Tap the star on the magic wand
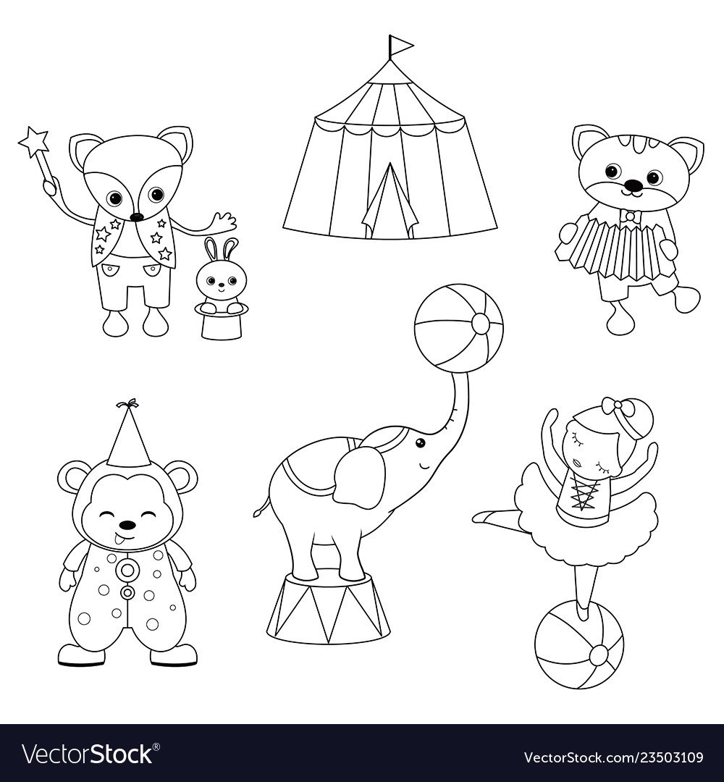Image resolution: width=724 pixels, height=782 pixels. pyautogui.click(x=34, y=140)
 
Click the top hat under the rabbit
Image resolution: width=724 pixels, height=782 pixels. pyautogui.click(x=223, y=319)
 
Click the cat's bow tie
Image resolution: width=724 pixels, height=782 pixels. pyautogui.click(x=633, y=216)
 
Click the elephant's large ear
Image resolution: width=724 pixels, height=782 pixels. pyautogui.click(x=360, y=476)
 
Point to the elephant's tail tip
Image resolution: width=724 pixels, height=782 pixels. pyautogui.click(x=258, y=511)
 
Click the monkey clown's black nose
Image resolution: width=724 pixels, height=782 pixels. pyautogui.click(x=129, y=525)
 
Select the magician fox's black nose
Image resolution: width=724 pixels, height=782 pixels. pyautogui.click(x=135, y=216)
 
